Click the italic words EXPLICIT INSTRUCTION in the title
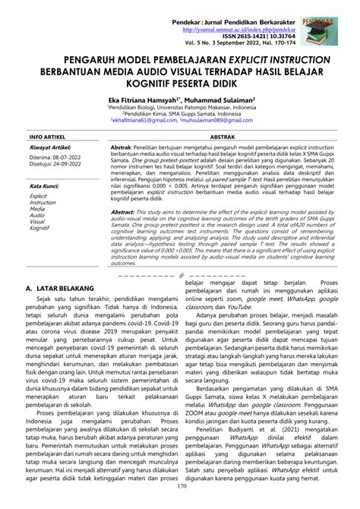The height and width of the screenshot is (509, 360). point(282,59)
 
